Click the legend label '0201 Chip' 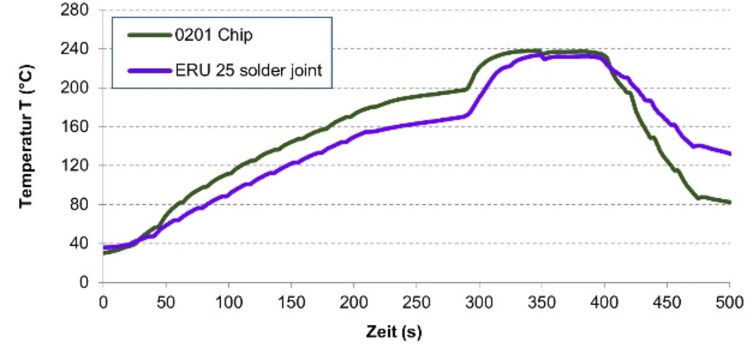(214, 35)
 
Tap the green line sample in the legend (147, 35)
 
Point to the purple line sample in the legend (147, 71)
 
